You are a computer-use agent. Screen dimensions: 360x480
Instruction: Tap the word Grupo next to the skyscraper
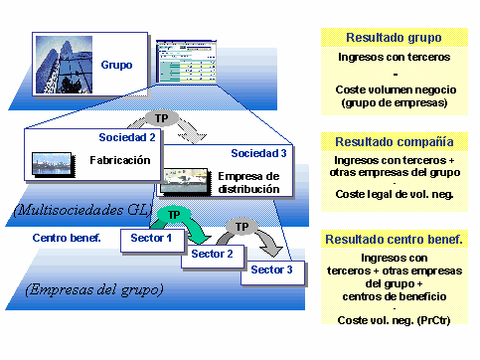115,66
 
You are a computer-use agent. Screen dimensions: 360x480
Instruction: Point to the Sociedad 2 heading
127,136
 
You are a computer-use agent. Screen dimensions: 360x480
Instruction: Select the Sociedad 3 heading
257,153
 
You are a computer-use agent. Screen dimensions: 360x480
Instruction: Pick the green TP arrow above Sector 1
174,215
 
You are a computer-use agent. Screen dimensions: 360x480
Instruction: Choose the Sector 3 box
272,270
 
